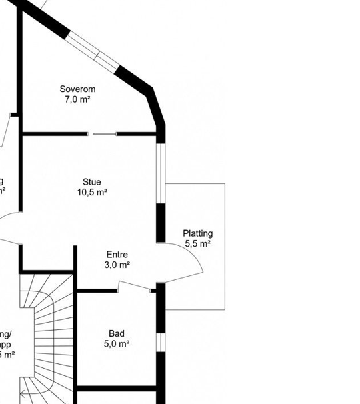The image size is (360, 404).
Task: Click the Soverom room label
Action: coord(77,89)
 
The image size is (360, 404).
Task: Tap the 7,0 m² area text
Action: coord(77,99)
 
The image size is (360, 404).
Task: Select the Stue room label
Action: coord(92,182)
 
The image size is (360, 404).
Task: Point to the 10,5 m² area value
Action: coord(92,193)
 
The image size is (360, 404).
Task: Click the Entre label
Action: coord(117,255)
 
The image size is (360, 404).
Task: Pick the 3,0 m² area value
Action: coord(117,265)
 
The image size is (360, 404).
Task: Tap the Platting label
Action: coord(197,233)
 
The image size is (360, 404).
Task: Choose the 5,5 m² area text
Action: coord(197,244)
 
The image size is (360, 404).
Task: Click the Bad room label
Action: coord(117,333)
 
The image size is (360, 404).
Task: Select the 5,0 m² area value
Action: coord(117,344)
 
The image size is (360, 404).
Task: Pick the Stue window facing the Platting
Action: coord(160,172)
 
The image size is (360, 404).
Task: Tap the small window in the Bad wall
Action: coord(160,341)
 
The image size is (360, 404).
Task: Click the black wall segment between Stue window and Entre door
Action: coord(160,223)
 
